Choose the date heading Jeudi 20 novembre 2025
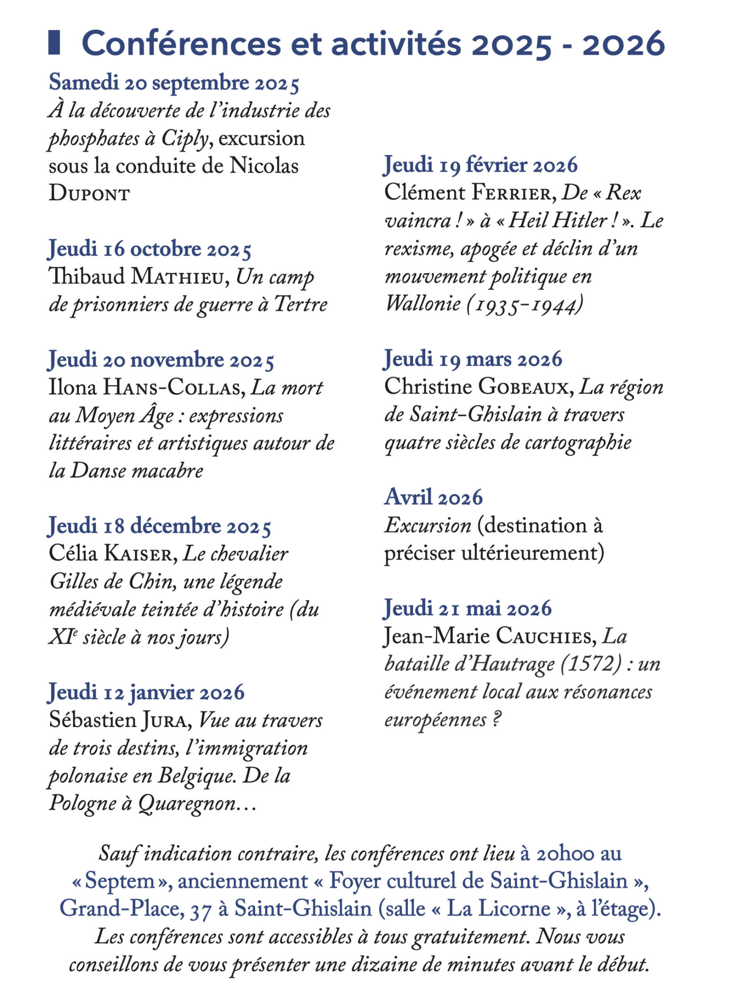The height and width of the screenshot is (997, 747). click(161, 360)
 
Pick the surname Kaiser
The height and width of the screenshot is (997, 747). click(138, 554)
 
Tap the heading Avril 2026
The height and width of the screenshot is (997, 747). click(433, 497)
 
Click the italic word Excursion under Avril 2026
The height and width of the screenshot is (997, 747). click(427, 526)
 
